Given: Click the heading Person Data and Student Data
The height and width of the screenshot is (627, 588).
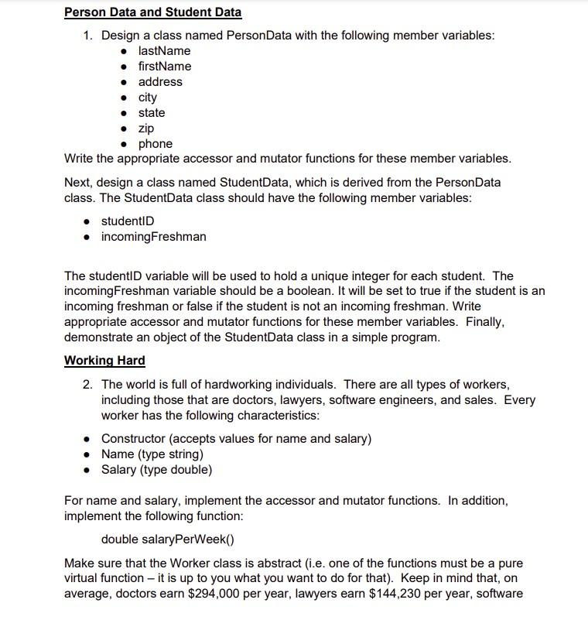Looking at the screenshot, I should [152, 12].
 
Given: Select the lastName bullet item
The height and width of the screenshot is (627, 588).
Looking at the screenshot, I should [164, 51].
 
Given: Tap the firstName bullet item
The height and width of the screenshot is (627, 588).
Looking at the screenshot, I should [165, 67].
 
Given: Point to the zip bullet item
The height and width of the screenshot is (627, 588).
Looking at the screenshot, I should [146, 128].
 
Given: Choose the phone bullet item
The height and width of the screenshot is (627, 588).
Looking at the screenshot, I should [156, 144].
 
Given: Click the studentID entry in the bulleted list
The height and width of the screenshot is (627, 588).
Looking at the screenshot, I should [128, 221].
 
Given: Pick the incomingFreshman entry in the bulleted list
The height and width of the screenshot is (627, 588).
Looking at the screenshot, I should [154, 237].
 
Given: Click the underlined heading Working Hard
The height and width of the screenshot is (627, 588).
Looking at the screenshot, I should [104, 361].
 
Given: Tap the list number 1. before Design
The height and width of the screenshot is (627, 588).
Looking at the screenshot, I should [88, 36].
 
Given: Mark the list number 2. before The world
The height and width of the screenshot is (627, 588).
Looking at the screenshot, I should [88, 385].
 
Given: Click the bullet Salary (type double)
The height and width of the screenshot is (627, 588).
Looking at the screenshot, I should [156, 470].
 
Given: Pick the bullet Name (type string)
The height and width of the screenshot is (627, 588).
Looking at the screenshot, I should [152, 454].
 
